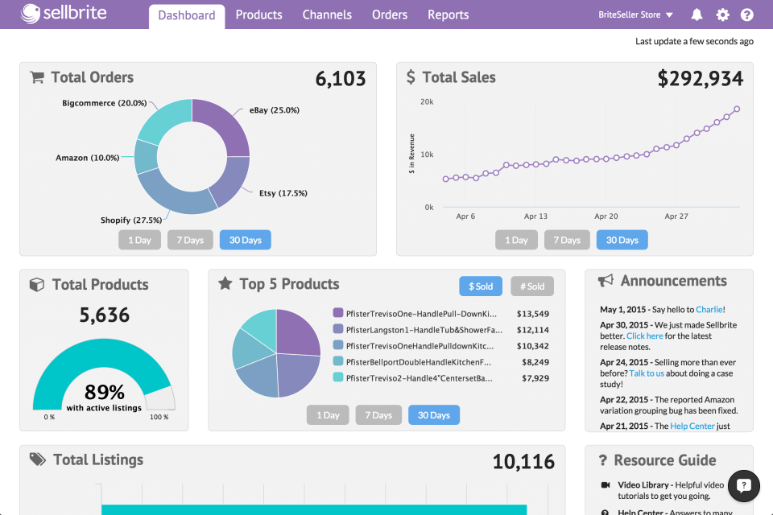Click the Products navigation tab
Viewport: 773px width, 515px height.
tap(258, 14)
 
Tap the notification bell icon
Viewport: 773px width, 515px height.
tap(697, 14)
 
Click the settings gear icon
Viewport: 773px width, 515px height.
tap(722, 14)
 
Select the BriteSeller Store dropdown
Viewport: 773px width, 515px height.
tap(636, 14)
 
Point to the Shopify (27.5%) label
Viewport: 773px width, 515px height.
tap(130, 220)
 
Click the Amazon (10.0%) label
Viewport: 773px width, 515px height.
tap(87, 158)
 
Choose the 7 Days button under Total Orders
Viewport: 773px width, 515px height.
tap(190, 240)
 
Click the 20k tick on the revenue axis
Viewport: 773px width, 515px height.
tap(427, 102)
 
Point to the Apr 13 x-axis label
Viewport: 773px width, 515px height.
tap(535, 216)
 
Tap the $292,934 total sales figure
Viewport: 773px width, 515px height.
tap(700, 78)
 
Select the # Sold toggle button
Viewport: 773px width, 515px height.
tap(531, 286)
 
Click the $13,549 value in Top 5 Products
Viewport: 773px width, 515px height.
tap(532, 314)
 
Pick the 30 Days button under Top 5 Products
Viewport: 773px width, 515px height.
tap(433, 415)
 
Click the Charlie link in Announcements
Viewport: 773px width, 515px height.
tap(709, 309)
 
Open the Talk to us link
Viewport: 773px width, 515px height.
tap(647, 373)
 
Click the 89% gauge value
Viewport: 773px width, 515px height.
tap(105, 392)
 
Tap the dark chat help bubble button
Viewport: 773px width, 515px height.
tap(744, 485)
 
